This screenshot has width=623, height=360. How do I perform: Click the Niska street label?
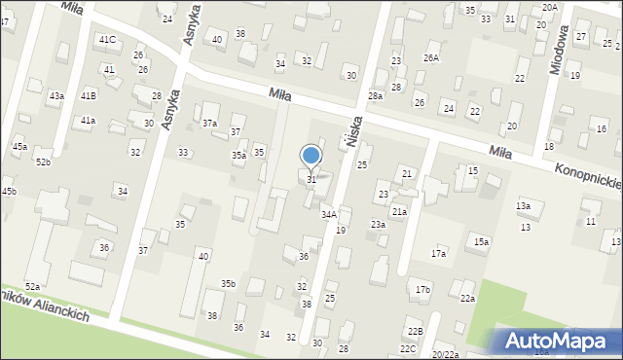[x=354, y=128]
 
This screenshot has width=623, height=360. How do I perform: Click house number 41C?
[x=107, y=39]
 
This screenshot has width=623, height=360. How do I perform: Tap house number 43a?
[x=57, y=95]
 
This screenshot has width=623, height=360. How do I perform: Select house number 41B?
[x=89, y=95]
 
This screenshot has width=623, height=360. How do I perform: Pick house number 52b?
[x=43, y=162]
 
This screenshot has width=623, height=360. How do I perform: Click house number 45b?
[x=9, y=191]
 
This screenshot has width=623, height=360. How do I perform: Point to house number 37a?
[x=209, y=124]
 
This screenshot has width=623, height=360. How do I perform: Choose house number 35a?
[x=238, y=156]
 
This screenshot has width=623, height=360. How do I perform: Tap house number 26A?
[x=430, y=57]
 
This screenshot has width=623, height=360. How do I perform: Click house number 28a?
[x=376, y=96]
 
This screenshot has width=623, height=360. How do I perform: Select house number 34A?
[x=329, y=214]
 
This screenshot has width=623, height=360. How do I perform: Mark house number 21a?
[x=399, y=211]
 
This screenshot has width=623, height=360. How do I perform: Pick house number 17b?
[x=422, y=290]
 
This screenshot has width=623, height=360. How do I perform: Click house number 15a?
[x=481, y=241]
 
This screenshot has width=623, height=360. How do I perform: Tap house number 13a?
[x=523, y=206]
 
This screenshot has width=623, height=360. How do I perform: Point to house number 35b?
[x=228, y=283]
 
